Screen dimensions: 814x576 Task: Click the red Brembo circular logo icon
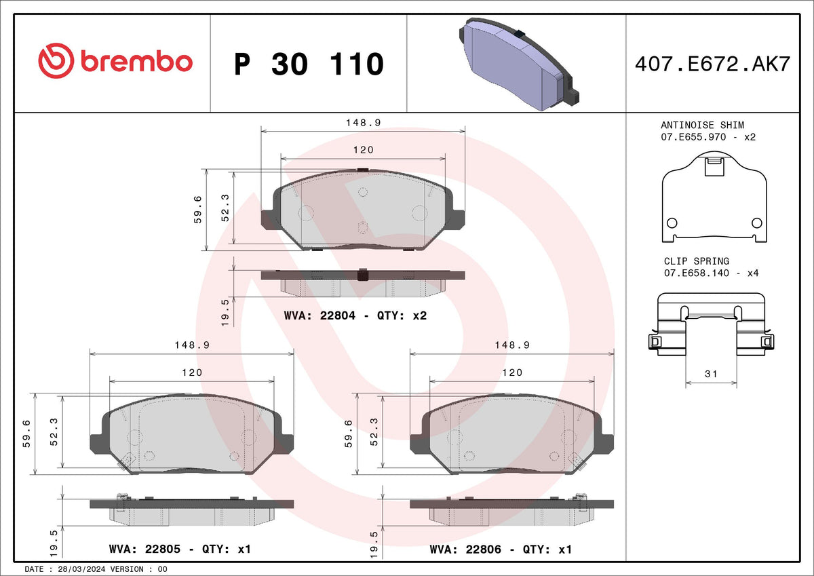click(56, 60)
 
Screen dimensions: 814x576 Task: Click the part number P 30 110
click(309, 64)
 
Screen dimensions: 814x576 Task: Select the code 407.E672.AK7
click(713, 64)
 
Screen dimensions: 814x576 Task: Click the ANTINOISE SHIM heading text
click(702, 125)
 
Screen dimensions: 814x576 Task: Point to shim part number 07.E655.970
click(693, 137)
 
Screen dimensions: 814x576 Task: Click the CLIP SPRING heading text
click(696, 261)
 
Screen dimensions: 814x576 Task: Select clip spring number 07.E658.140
click(696, 273)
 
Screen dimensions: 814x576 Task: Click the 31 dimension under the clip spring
click(711, 374)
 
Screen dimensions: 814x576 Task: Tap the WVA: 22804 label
click(319, 315)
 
